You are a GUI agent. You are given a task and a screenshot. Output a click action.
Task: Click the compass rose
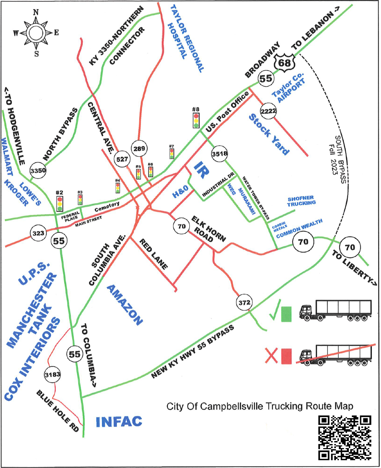[36, 33]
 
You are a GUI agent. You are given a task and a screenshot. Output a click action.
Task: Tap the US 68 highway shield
[284, 62]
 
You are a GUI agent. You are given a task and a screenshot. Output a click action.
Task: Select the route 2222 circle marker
[268, 111]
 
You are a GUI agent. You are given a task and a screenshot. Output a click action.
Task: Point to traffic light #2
[60, 204]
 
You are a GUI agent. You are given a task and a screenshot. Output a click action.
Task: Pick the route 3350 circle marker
[38, 170]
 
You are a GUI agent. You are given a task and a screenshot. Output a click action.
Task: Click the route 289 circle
[139, 148]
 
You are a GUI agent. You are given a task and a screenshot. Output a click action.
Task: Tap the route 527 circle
[122, 159]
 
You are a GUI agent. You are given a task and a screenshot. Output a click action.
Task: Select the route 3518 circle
[220, 154]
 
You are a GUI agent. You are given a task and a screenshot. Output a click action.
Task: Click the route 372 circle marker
[244, 303]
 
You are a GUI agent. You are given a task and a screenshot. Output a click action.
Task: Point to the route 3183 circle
[52, 375]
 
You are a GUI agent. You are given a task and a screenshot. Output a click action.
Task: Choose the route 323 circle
[38, 233]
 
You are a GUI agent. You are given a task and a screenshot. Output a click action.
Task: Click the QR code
[344, 438]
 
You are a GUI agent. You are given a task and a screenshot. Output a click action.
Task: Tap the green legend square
[286, 314]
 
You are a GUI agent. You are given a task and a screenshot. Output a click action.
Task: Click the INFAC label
[119, 422]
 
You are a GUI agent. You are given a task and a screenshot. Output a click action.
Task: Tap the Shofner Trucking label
[301, 201]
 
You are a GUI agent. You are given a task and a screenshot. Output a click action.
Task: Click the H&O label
[180, 191]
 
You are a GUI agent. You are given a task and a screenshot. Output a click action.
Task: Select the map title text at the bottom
[260, 406]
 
